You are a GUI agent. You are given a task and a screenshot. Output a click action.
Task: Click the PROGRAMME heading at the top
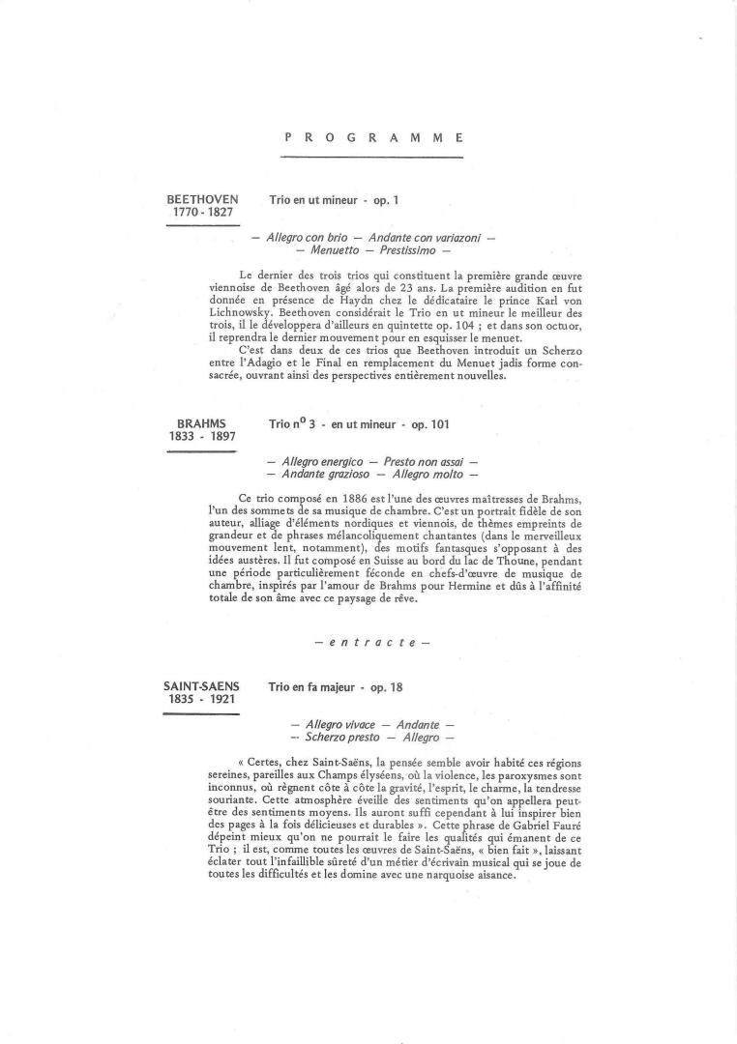(374, 138)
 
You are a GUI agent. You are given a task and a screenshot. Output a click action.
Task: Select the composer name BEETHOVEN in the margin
(203, 199)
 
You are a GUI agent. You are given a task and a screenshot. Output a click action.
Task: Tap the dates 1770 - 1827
(203, 213)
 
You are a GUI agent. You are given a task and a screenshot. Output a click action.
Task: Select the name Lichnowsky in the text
(240, 313)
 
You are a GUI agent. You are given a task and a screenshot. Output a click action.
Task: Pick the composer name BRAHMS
(202, 423)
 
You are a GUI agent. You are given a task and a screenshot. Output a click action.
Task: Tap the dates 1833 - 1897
(202, 437)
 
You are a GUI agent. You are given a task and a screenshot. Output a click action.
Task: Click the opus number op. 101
(430, 424)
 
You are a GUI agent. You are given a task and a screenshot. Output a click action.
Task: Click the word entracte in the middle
(372, 642)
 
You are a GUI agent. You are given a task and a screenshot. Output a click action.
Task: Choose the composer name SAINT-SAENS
(201, 686)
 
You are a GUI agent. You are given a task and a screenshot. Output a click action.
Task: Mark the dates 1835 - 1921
(202, 700)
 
